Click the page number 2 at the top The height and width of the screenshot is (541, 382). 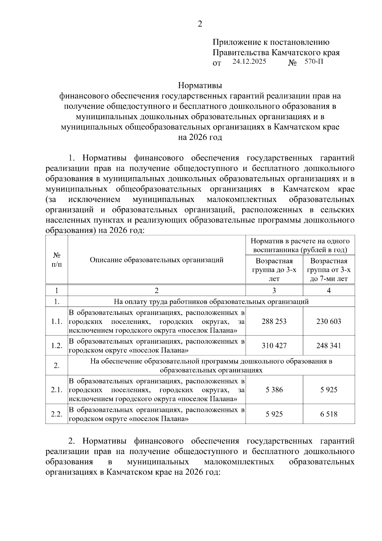coord(200,24)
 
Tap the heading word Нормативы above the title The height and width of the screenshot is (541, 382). coord(200,85)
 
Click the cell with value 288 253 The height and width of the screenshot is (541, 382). coord(274,321)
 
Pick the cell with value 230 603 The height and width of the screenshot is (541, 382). coord(329,321)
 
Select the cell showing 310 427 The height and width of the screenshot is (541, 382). coord(274,346)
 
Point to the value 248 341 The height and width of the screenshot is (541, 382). coord(329,346)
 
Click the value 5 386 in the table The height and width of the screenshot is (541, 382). coord(274,390)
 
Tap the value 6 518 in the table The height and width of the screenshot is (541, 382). coord(329,414)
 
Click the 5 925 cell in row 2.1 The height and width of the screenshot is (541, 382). coord(329,390)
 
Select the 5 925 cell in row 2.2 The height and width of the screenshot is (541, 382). coord(274,414)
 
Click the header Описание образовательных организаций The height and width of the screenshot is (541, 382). coord(156,260)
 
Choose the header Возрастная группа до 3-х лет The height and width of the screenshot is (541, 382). coord(274,270)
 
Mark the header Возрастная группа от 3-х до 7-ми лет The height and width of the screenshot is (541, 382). coord(329,270)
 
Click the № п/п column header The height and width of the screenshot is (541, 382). coord(57,260)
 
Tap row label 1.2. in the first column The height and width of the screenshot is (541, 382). coord(57,346)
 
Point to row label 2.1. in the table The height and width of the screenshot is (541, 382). coord(57,390)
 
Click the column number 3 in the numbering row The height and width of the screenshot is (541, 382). coord(274,290)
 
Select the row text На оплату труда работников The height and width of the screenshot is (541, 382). coord(211,301)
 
